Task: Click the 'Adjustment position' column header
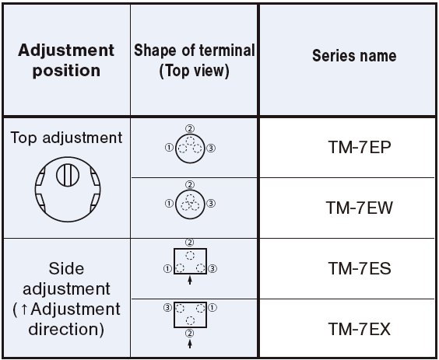[66, 60]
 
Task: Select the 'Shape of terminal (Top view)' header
[195, 60]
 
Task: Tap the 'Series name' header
[354, 55]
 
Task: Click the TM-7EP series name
[360, 147]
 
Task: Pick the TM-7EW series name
[360, 208]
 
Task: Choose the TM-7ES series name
[360, 268]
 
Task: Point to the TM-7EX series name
[360, 329]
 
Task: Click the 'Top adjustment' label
[66, 138]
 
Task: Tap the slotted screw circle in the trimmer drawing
[68, 176]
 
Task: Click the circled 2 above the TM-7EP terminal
[190, 128]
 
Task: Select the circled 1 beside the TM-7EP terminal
[169, 148]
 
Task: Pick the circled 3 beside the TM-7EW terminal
[211, 204]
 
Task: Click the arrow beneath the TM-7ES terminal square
[190, 280]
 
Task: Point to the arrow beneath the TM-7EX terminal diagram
[190, 344]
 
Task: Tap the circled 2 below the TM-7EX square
[190, 333]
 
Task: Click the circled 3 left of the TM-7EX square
[167, 308]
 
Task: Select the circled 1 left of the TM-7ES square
[167, 269]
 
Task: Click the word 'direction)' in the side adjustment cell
[66, 330]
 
